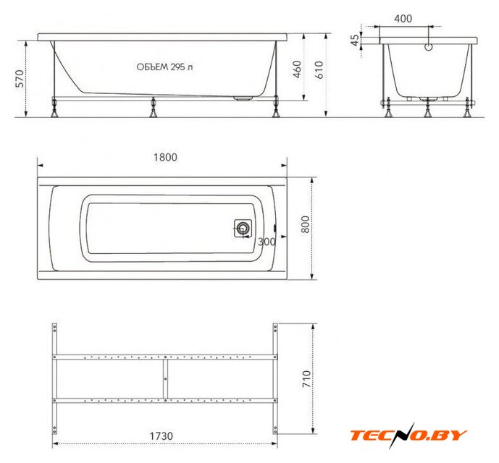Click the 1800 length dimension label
(x=165, y=157)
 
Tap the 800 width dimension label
(x=305, y=224)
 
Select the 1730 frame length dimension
(x=162, y=436)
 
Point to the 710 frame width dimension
(x=306, y=379)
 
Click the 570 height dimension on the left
(x=20, y=79)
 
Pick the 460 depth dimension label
(x=297, y=69)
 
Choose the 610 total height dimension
(x=319, y=69)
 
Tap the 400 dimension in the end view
(x=403, y=19)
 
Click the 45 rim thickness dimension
(x=354, y=41)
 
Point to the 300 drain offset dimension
(x=267, y=242)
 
